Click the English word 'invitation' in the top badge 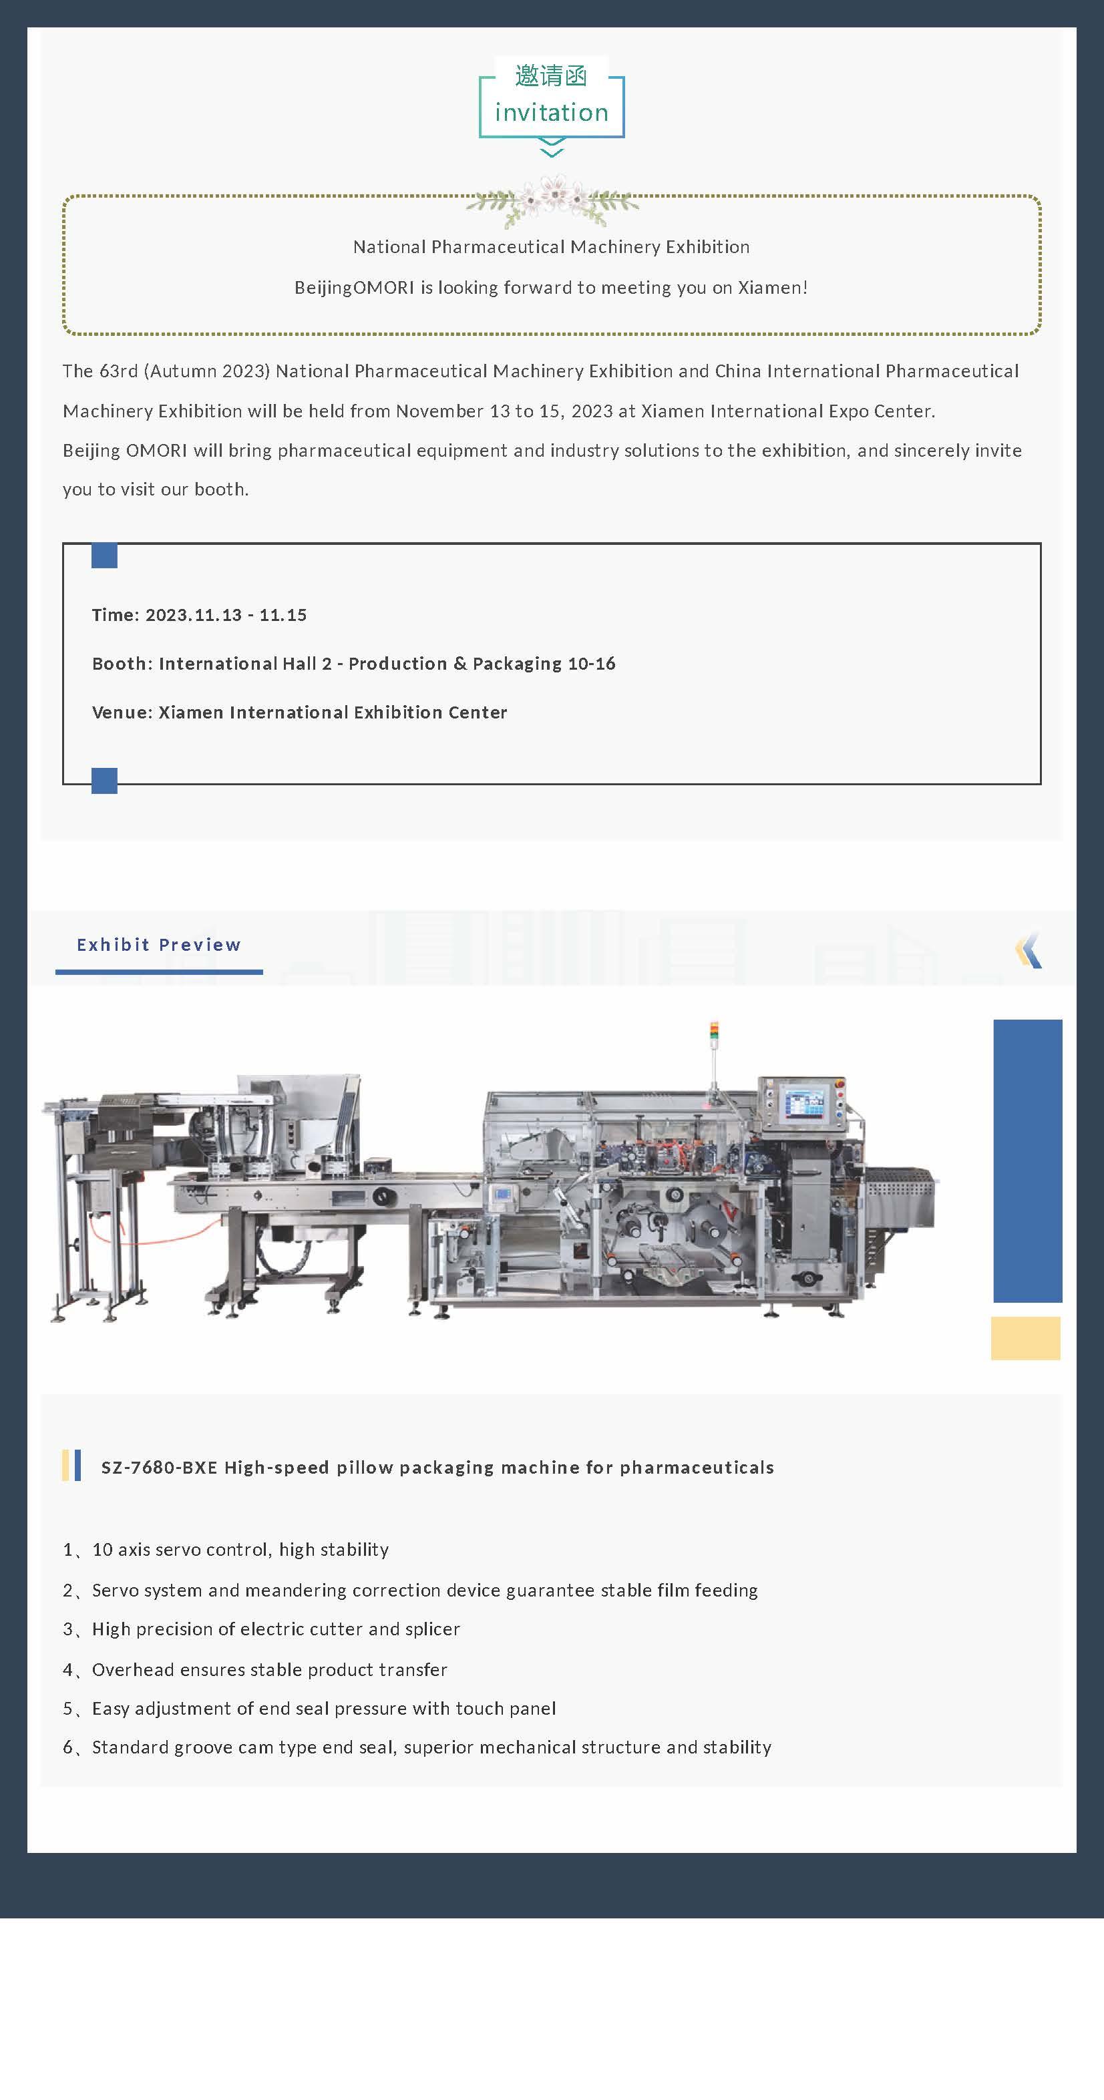point(551,112)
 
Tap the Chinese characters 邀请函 point(551,76)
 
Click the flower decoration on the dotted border point(553,200)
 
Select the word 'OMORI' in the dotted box point(384,288)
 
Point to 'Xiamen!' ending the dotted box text point(773,288)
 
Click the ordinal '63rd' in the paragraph point(118,371)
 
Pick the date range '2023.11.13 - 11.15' point(226,615)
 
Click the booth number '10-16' point(591,664)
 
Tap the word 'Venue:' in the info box point(122,712)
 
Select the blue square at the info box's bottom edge point(104,781)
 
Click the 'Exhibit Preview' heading point(159,945)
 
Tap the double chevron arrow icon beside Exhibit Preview point(1029,950)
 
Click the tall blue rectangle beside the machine point(1027,1161)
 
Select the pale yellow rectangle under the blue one point(1026,1337)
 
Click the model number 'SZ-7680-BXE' point(159,1468)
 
